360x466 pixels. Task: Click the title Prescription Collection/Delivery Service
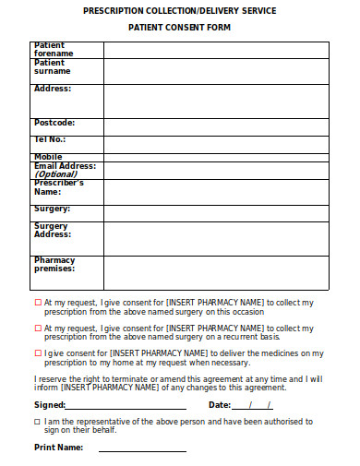(x=179, y=10)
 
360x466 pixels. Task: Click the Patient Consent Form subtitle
(x=179, y=28)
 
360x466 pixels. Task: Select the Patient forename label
(x=54, y=49)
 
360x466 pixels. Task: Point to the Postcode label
(x=54, y=123)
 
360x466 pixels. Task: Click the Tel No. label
(x=52, y=139)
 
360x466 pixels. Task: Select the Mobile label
(x=48, y=157)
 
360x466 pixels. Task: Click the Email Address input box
(x=215, y=170)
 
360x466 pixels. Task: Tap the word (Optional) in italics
(x=56, y=173)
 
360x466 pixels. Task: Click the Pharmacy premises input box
(x=215, y=272)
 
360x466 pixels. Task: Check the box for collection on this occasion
(x=38, y=302)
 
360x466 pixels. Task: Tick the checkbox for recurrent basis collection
(x=38, y=328)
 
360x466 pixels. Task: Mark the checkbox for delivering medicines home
(x=38, y=352)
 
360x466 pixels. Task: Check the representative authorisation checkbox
(x=38, y=421)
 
